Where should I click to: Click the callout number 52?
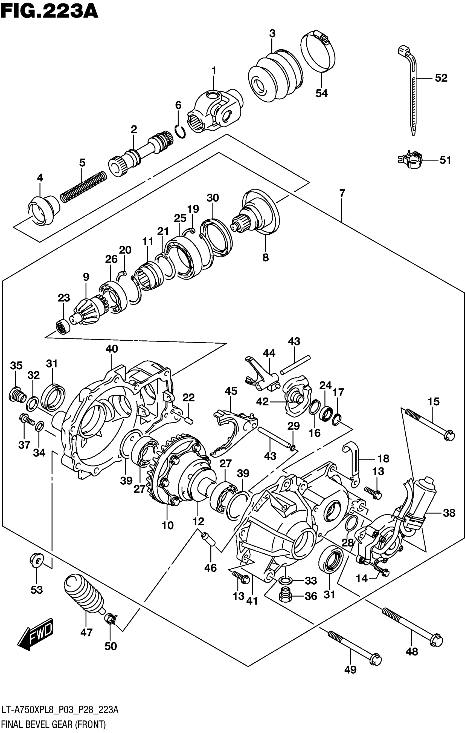[x=441, y=78]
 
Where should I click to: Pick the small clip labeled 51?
[x=410, y=160]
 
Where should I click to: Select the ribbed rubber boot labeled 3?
[x=275, y=77]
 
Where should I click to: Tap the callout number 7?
[x=342, y=193]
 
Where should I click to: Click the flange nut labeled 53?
[x=36, y=559]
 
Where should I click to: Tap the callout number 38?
[x=449, y=513]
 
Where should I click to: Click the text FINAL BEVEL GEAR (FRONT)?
[x=54, y=724]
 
